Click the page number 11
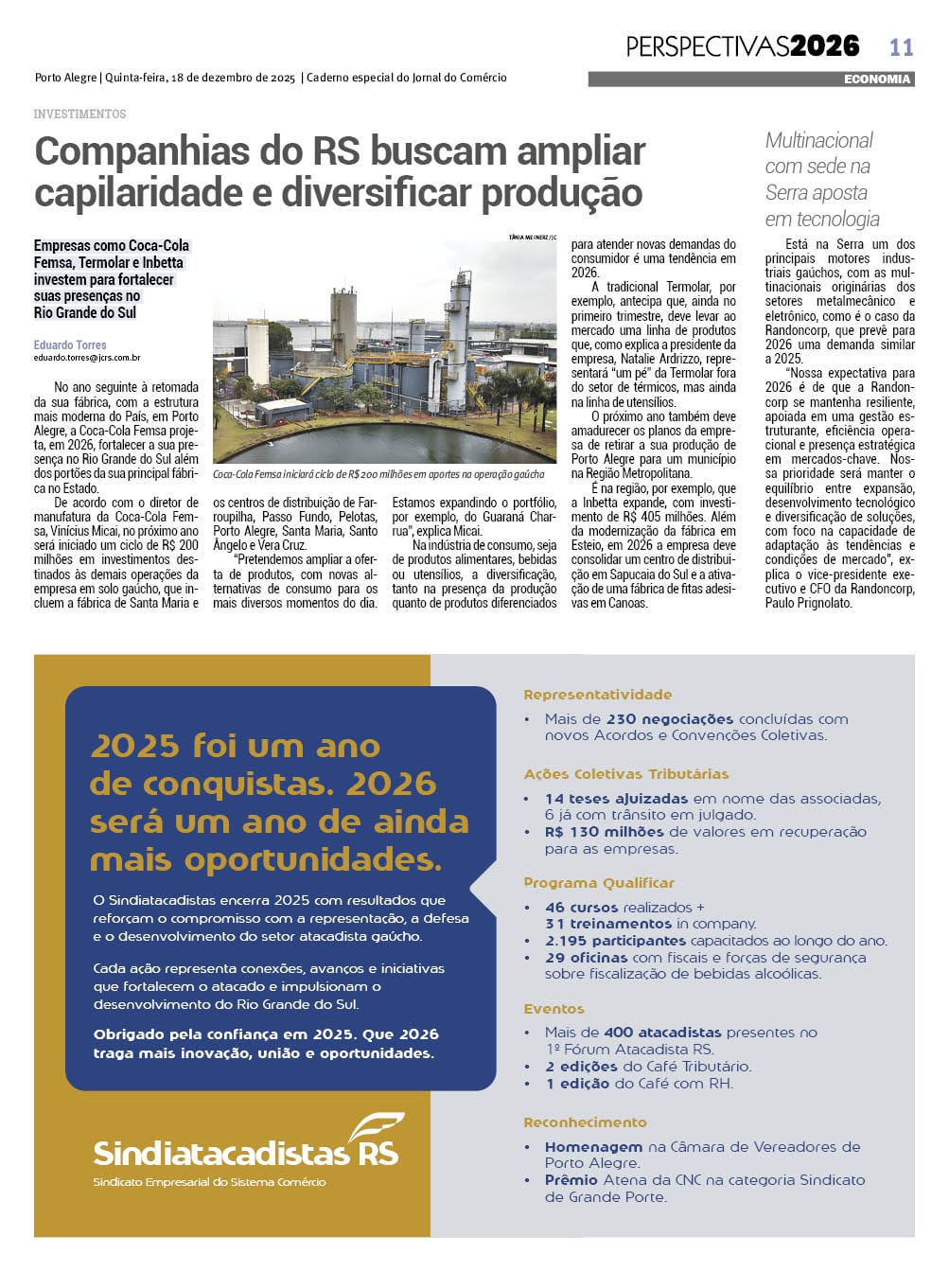tap(901, 46)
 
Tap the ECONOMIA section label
tap(877, 79)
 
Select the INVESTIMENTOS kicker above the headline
tap(79, 114)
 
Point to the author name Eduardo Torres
tap(70, 345)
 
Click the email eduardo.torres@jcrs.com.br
tap(87, 358)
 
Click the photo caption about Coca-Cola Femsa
tap(378, 474)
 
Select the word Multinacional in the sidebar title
tap(818, 141)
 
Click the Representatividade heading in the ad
tap(597, 695)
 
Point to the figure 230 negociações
tap(670, 719)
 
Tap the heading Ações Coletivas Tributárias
tap(626, 774)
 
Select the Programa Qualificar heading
tap(599, 883)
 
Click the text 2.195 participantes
tap(615, 941)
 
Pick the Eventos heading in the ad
tap(554, 1009)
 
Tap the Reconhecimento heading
tap(585, 1122)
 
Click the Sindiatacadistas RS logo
tap(246, 1146)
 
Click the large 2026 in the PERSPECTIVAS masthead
tap(824, 45)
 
